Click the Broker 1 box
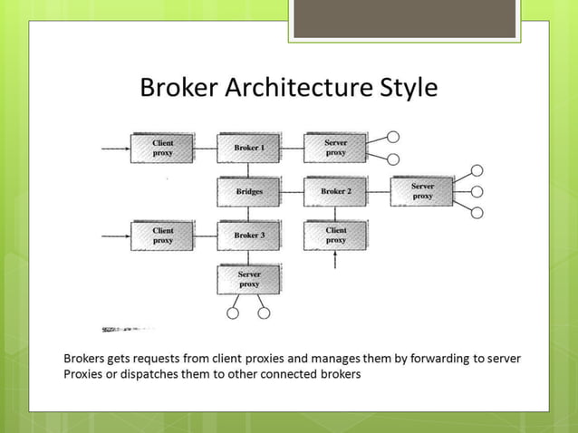[249, 148]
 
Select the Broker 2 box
[335, 192]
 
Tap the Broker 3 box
[249, 236]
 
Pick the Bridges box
[249, 192]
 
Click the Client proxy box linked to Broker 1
[163, 148]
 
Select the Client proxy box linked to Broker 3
[163, 236]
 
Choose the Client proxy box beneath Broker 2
[335, 236]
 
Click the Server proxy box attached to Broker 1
[335, 148]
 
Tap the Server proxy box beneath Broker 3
[249, 279]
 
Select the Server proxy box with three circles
[422, 191]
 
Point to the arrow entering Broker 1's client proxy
[115, 148]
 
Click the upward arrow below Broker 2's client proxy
[336, 261]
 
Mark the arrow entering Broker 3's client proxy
[115, 236]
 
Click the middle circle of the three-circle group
[477, 191]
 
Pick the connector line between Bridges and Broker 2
[292, 192]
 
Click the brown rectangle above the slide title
[404, 19]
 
